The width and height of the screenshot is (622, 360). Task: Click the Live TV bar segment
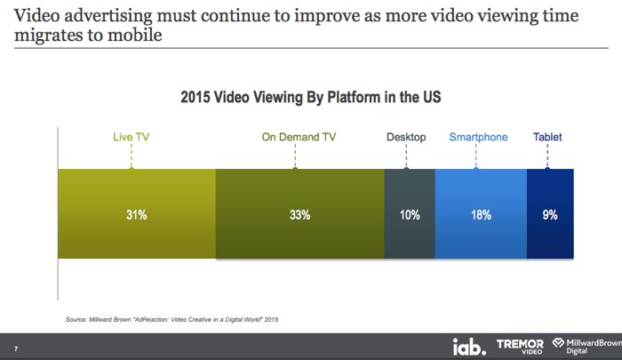(137, 214)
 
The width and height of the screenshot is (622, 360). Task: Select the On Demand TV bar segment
(300, 214)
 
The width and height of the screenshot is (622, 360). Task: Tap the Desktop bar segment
(410, 214)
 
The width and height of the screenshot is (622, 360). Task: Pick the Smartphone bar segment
(482, 214)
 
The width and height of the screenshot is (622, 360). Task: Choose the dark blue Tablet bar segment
(550, 214)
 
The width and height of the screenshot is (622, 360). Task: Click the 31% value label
(137, 215)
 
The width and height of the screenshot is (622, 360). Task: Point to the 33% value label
(300, 215)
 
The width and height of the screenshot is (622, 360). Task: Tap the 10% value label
(410, 215)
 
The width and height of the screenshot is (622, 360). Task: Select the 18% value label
(482, 215)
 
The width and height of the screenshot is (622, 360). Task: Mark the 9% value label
(550, 215)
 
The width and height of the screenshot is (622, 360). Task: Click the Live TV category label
(132, 137)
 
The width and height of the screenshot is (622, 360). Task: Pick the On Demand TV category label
(299, 137)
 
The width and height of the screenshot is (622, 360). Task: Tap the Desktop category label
(406, 137)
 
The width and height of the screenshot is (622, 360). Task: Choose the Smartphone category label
(478, 137)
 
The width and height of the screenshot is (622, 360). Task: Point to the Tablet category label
(547, 137)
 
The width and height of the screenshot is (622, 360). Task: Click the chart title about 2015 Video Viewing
(311, 97)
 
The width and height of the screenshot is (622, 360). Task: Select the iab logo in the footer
(469, 347)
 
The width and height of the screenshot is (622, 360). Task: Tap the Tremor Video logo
(520, 346)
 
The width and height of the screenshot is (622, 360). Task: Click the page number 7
(16, 348)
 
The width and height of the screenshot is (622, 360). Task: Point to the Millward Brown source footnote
(171, 319)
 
